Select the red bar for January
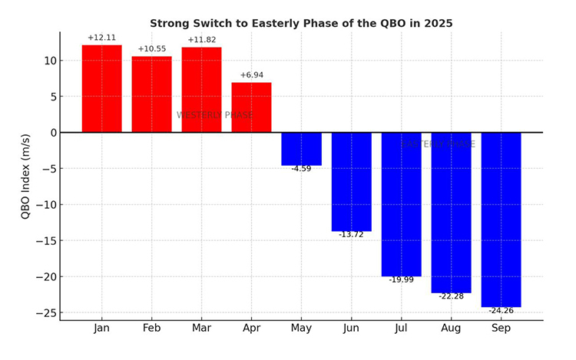(x=101, y=88)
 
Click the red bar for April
(x=251, y=107)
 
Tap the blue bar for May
(x=301, y=149)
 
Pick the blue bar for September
(x=501, y=220)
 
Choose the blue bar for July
(x=401, y=204)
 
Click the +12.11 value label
(x=101, y=38)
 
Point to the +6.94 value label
(x=251, y=75)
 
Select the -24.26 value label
(x=501, y=311)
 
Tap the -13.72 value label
(x=351, y=235)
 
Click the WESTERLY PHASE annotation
(x=214, y=115)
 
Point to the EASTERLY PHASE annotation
(x=438, y=144)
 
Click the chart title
(x=301, y=24)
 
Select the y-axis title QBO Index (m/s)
(x=26, y=177)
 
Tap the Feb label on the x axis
(x=151, y=329)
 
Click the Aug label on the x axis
(x=451, y=329)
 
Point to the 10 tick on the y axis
(x=48, y=61)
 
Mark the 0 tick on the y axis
(x=51, y=133)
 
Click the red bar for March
(x=201, y=90)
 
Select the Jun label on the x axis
(x=351, y=329)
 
